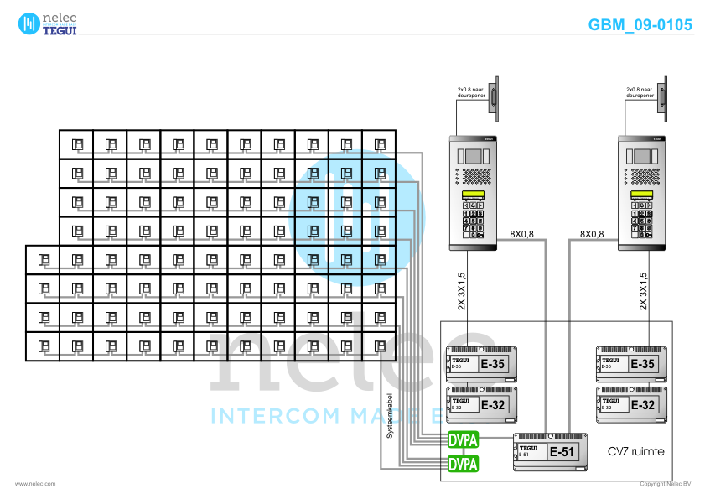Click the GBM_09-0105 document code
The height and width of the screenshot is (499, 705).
640,25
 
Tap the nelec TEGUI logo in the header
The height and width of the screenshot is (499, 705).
48,23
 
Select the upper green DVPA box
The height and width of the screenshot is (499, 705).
463,439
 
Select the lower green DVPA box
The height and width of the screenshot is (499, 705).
463,464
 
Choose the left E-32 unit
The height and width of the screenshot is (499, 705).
480,403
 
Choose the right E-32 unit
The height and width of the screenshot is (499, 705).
631,403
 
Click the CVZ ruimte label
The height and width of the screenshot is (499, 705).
635,451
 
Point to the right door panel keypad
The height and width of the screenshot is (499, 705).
641,220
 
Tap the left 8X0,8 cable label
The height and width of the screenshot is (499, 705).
522,234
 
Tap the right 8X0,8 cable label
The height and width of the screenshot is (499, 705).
592,234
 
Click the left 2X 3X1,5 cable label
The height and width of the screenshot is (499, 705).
462,291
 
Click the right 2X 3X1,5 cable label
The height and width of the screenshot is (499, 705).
644,291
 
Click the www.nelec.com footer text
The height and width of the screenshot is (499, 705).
35,484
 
